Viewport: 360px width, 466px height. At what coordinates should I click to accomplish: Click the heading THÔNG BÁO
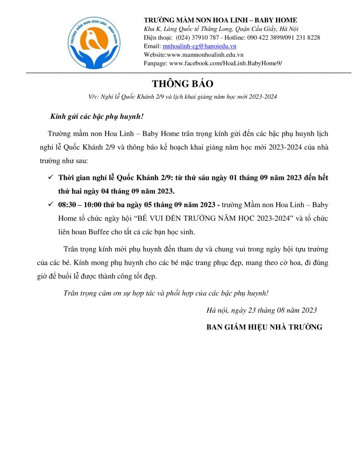[183, 84]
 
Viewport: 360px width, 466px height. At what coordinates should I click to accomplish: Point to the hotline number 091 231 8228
[302, 37]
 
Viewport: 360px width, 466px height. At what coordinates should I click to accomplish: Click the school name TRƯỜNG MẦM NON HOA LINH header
[220, 20]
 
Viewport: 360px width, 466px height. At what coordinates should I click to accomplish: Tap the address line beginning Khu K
[221, 29]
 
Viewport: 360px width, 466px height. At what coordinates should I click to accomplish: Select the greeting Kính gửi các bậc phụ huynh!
[96, 117]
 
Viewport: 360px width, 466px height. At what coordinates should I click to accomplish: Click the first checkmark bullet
[51, 177]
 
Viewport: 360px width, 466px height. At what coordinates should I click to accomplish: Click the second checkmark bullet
[51, 204]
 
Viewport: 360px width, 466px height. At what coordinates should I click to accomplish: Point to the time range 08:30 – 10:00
[80, 205]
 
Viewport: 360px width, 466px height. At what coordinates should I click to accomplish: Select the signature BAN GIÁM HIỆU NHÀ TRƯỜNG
[264, 327]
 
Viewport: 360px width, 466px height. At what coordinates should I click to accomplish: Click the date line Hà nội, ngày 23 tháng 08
[261, 310]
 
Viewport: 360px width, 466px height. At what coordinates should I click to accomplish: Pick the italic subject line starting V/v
[183, 97]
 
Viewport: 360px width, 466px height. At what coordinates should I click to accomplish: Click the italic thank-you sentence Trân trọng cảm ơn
[166, 293]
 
